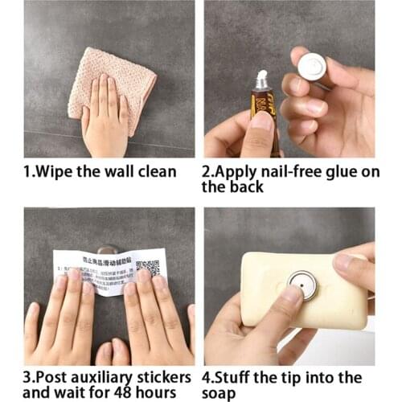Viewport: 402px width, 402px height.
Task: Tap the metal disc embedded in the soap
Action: tap(302, 284)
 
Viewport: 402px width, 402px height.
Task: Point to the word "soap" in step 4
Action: tap(220, 392)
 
